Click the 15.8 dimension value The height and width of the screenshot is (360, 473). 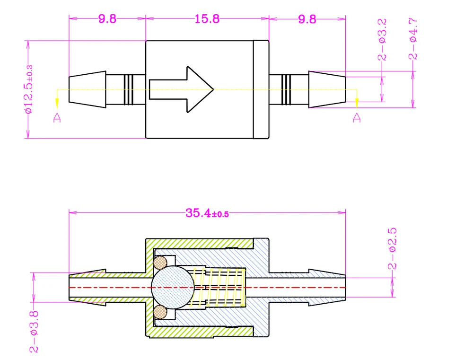click(x=207, y=19)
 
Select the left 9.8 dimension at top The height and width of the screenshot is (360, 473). click(x=107, y=19)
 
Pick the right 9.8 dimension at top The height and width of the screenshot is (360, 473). click(x=307, y=19)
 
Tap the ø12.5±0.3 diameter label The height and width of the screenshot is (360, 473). click(x=29, y=89)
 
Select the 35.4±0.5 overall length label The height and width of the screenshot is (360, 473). click(x=207, y=213)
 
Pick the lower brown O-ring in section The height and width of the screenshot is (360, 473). click(x=161, y=312)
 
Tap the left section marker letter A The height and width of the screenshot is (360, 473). click(x=56, y=118)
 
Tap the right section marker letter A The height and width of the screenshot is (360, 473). click(x=357, y=117)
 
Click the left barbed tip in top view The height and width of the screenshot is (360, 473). click(x=88, y=89)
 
